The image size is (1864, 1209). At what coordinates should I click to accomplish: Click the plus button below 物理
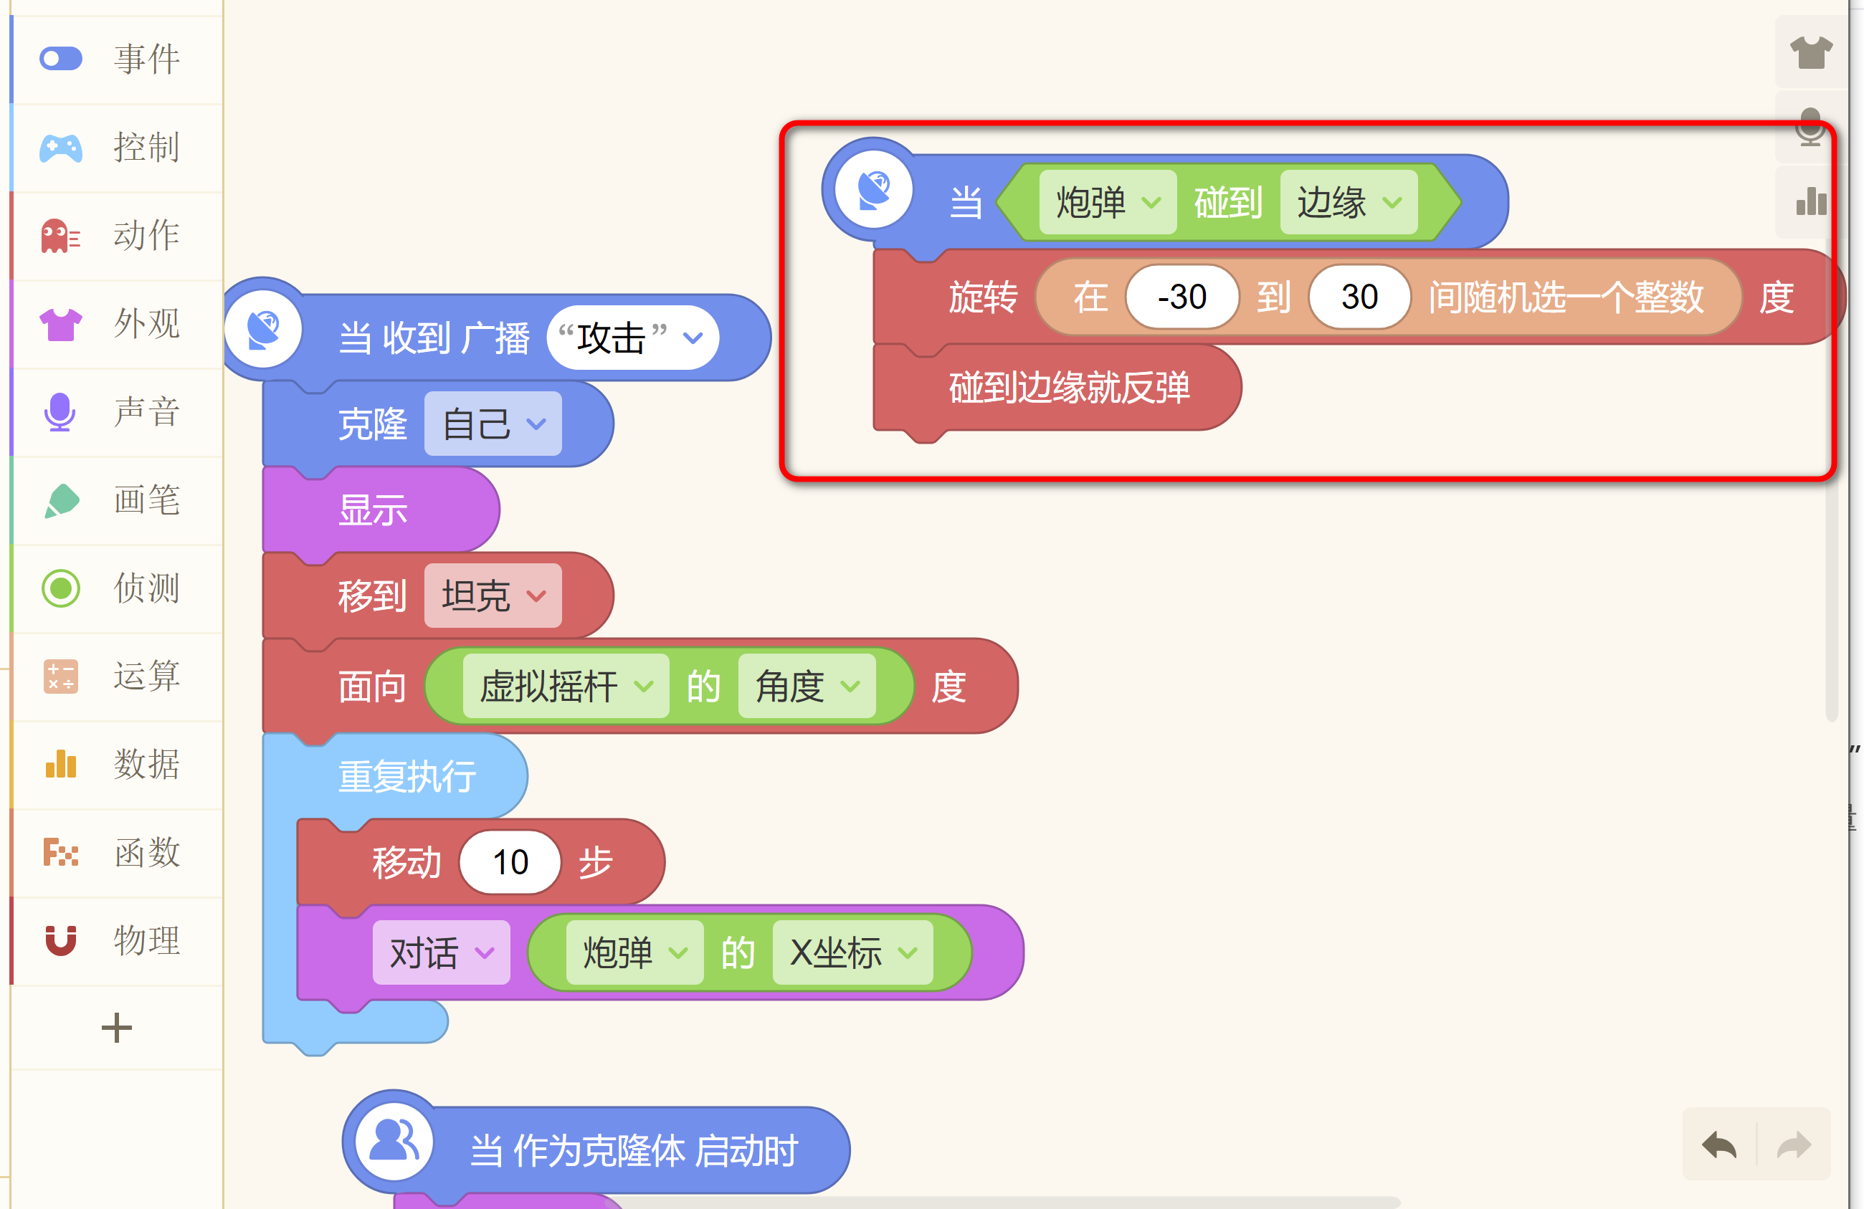[117, 1028]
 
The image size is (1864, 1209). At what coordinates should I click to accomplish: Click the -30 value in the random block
[1181, 297]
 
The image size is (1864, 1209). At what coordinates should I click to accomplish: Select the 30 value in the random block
[1359, 297]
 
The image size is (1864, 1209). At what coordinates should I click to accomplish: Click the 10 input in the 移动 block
[510, 863]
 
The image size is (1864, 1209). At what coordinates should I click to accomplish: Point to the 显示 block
[373, 510]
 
